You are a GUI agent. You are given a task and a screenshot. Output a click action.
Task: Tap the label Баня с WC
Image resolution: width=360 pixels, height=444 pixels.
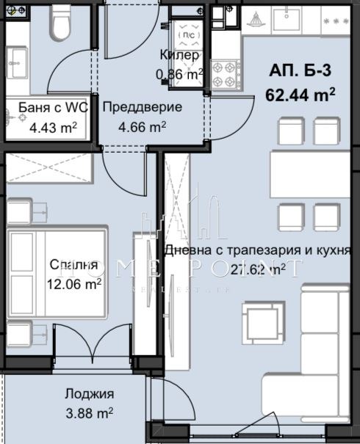coord(53,108)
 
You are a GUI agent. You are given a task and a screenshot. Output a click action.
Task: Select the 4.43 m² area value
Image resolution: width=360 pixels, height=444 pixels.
coord(52,126)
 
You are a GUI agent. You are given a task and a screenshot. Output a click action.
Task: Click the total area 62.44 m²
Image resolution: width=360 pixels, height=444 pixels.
coord(300,94)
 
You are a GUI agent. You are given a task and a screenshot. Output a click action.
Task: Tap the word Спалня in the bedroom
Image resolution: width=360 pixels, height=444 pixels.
coord(73,265)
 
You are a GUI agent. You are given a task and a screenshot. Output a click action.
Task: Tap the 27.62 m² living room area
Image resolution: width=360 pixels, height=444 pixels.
coord(258,269)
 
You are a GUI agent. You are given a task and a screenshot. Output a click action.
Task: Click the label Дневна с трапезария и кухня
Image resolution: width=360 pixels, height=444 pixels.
coord(257,250)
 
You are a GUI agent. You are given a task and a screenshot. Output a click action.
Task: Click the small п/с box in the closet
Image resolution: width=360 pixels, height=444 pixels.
coord(188,34)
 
